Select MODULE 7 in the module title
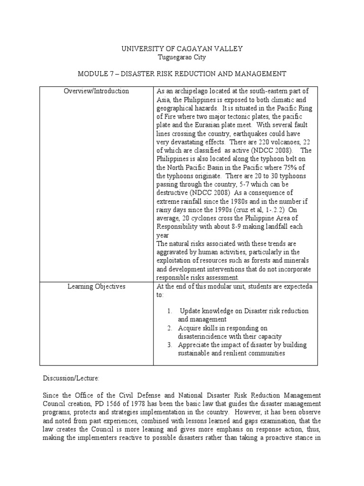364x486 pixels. [97, 74]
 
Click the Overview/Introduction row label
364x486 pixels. [96, 91]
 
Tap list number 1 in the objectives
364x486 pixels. [169, 311]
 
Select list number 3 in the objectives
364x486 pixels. [169, 345]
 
